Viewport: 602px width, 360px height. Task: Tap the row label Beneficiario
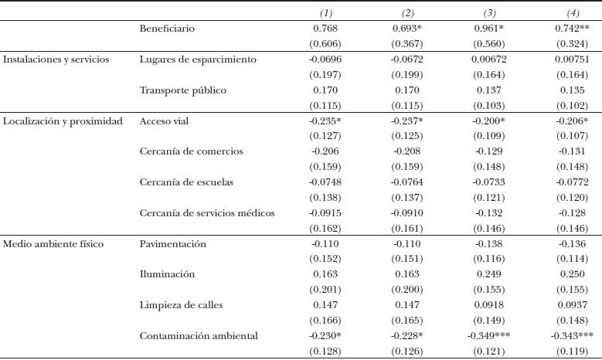pyautogui.click(x=167, y=29)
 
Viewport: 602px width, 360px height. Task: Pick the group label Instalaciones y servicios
pyautogui.click(x=56, y=59)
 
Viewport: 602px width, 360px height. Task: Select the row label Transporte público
pyautogui.click(x=183, y=90)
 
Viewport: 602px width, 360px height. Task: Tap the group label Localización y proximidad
pyautogui.click(x=63, y=121)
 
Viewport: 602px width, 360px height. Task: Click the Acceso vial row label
pyautogui.click(x=164, y=121)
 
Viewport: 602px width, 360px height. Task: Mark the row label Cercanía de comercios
pyautogui.click(x=191, y=151)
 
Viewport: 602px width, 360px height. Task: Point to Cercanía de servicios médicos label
pyautogui.click(x=207, y=213)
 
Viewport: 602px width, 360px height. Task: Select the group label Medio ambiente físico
pyautogui.click(x=54, y=244)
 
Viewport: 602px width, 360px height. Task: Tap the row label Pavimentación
pyautogui.click(x=173, y=244)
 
